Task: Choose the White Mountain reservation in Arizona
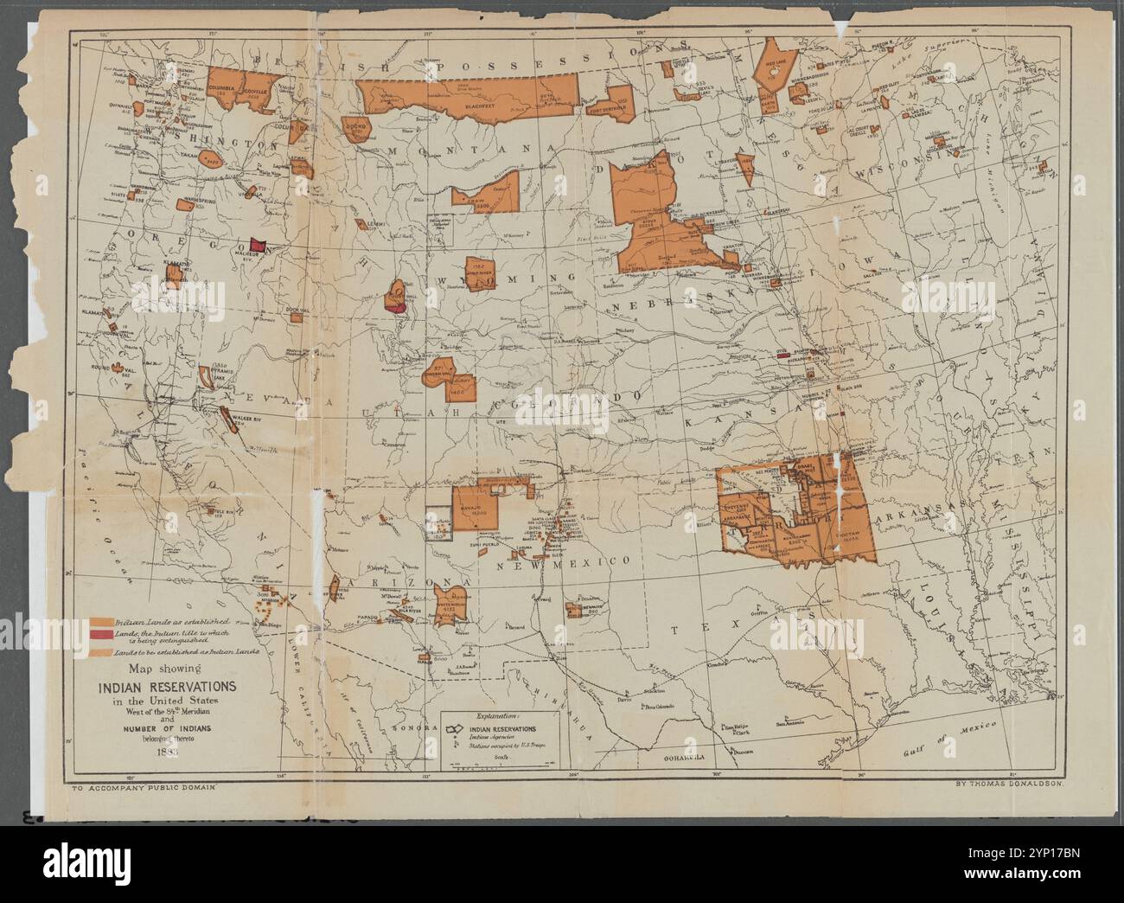(x=451, y=602)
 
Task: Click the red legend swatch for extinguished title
(x=99, y=637)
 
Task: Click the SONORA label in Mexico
(x=404, y=729)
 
